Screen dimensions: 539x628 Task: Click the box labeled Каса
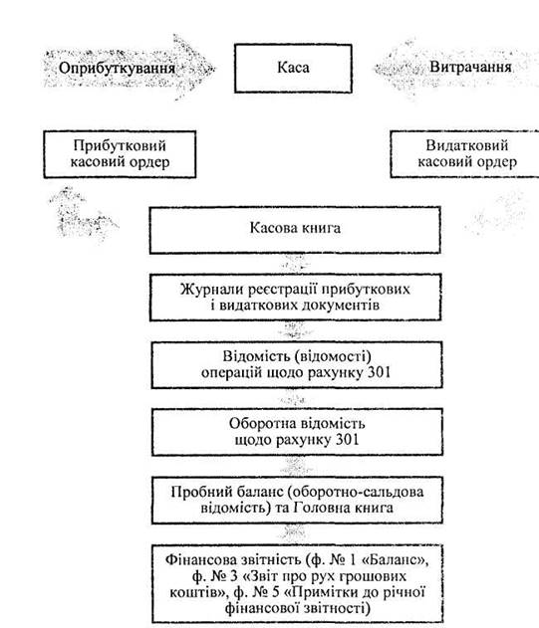(293, 69)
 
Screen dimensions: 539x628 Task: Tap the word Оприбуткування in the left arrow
(118, 68)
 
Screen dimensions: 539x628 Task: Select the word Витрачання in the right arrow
(470, 67)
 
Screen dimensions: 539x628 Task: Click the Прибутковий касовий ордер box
(120, 154)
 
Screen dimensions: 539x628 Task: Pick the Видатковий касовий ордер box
(465, 154)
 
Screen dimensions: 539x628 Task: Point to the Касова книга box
(295, 230)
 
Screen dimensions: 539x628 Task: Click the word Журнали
(209, 290)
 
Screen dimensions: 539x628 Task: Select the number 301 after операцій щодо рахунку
(379, 372)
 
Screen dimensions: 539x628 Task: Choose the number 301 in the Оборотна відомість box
(347, 440)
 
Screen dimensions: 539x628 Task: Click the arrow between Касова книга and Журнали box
(295, 264)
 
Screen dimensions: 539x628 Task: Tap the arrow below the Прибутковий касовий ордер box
(83, 214)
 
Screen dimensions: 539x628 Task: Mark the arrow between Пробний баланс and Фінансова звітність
(295, 533)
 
